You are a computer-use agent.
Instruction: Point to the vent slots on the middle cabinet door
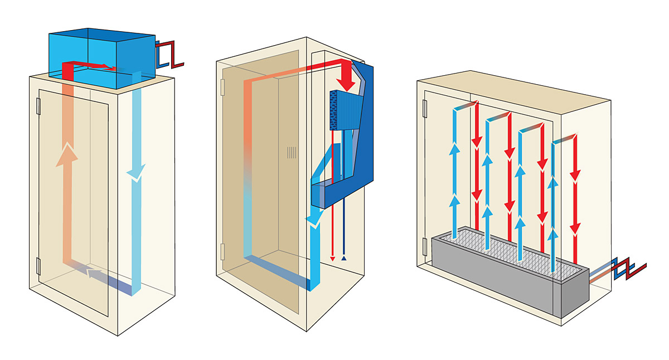[x=292, y=153]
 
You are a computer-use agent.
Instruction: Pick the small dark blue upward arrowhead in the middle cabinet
[x=344, y=258]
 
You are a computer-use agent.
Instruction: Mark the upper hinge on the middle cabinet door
[x=222, y=86]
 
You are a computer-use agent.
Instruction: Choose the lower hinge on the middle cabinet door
[x=222, y=251]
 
